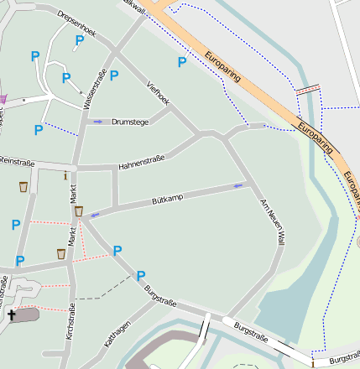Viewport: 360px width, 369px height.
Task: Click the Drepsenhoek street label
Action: pyautogui.click(x=77, y=25)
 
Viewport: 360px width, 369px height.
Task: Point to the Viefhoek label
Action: pyautogui.click(x=158, y=92)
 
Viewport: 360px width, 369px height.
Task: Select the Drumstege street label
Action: pyautogui.click(x=130, y=122)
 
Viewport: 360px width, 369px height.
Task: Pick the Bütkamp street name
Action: pyautogui.click(x=167, y=201)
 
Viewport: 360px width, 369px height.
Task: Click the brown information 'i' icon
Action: pyautogui.click(x=65, y=175)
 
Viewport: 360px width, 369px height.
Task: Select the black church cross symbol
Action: pyautogui.click(x=12, y=315)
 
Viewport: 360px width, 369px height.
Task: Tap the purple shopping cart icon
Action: pyautogui.click(x=3, y=99)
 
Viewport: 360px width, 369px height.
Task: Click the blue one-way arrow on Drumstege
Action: pyautogui.click(x=98, y=122)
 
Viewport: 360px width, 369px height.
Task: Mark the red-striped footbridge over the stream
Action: pyautogui.click(x=308, y=89)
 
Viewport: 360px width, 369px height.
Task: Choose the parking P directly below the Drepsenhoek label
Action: pyautogui.click(x=80, y=40)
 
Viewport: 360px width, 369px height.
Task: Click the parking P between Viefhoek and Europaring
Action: pyautogui.click(x=181, y=62)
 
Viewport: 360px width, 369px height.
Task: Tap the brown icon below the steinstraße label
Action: pyautogui.click(x=23, y=186)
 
